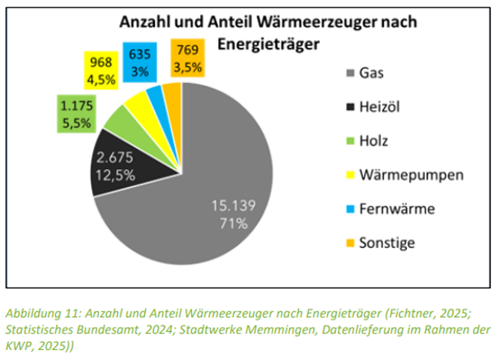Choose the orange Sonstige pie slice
point(172,89)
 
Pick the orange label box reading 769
point(188,59)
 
